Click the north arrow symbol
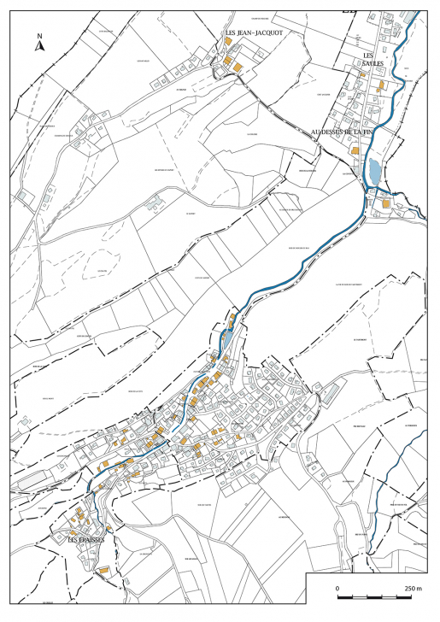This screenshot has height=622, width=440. click(39, 47)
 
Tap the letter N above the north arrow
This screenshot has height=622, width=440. click(39, 37)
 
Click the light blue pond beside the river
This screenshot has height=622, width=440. click(373, 171)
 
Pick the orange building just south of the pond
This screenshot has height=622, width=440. click(385, 203)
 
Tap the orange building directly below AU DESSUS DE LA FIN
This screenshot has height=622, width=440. click(354, 150)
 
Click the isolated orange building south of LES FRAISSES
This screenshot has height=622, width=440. click(103, 569)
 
